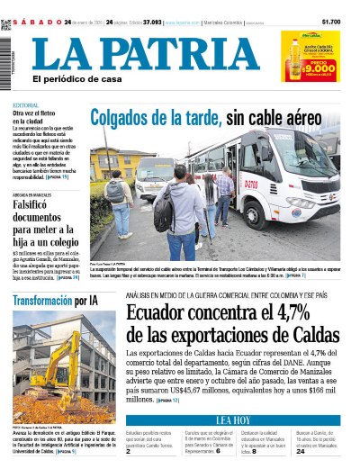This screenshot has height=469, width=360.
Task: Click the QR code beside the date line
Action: click(x=6, y=24)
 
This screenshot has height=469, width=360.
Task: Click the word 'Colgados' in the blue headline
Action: click(x=121, y=116)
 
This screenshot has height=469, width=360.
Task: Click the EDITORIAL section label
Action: click(x=25, y=106)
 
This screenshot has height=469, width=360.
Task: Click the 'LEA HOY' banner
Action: click(x=234, y=420)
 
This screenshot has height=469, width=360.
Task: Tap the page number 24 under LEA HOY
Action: click(x=301, y=453)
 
